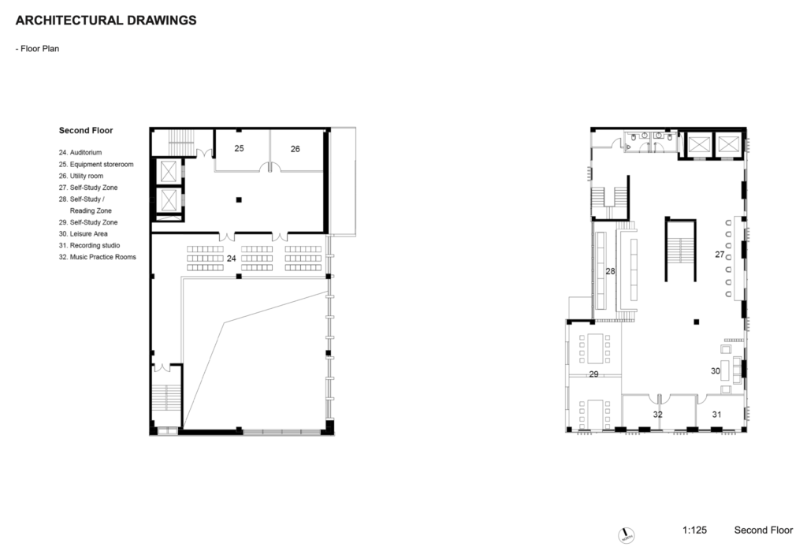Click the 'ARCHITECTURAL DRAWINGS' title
click(x=106, y=20)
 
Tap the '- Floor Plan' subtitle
click(x=37, y=49)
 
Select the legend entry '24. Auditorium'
click(x=80, y=152)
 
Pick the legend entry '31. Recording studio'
click(x=90, y=245)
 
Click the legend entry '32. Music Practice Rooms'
click(x=97, y=257)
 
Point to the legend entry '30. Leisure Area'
click(x=84, y=233)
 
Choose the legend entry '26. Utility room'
click(x=81, y=176)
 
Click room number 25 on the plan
click(x=240, y=148)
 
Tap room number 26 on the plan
click(x=295, y=149)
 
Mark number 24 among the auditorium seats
click(x=232, y=259)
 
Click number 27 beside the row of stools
click(x=720, y=255)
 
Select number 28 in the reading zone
click(x=611, y=271)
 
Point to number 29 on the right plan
click(x=594, y=374)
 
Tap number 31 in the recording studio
click(x=717, y=415)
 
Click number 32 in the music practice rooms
click(x=658, y=415)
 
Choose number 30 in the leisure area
click(x=716, y=371)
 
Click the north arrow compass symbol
click(x=626, y=535)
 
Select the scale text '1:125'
click(x=695, y=530)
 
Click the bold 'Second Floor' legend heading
click(x=86, y=131)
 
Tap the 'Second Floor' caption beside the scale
click(x=764, y=530)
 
